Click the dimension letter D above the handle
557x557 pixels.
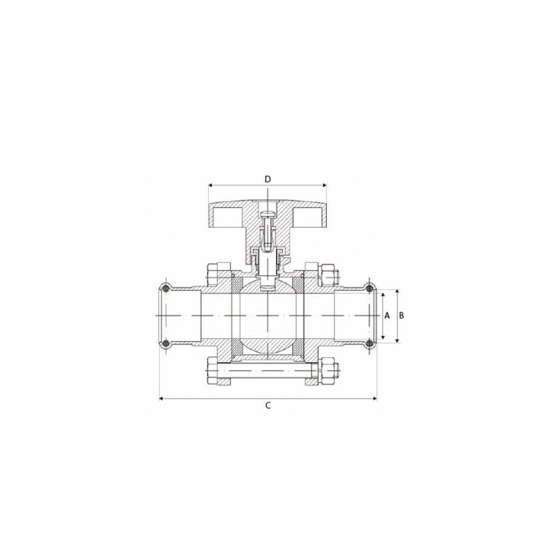(x=268, y=179)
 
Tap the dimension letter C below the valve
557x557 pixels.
(x=268, y=405)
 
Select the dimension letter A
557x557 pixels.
(x=387, y=315)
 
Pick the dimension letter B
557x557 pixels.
(x=402, y=315)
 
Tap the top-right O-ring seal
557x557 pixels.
(x=370, y=289)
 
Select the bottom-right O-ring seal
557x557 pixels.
(x=370, y=343)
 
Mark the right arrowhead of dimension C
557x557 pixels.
(x=374, y=399)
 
